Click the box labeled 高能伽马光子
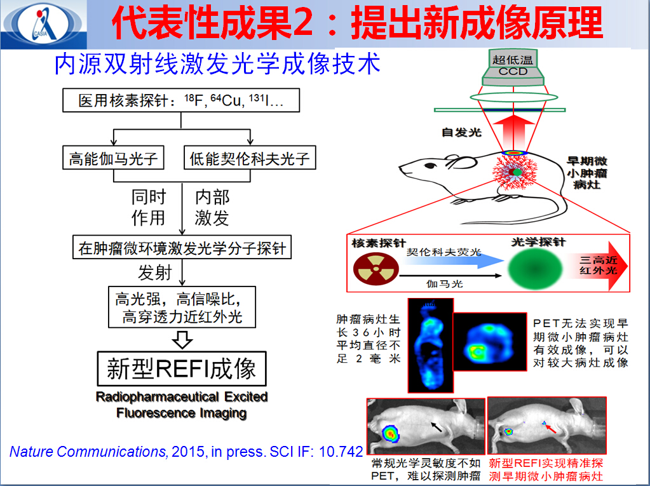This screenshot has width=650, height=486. point(113,158)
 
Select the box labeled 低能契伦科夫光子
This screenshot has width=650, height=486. point(250,158)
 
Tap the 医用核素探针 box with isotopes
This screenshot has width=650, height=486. point(181,100)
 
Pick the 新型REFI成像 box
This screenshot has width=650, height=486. point(182,368)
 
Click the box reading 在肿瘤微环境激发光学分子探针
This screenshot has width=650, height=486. point(182,247)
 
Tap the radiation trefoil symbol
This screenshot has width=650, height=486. point(376,269)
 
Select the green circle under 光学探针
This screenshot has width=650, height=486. point(535,268)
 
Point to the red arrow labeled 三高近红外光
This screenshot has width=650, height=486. point(597,266)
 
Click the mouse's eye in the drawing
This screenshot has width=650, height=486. point(431,166)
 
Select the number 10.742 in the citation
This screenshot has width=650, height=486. point(341,452)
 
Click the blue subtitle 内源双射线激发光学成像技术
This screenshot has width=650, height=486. point(217,64)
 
